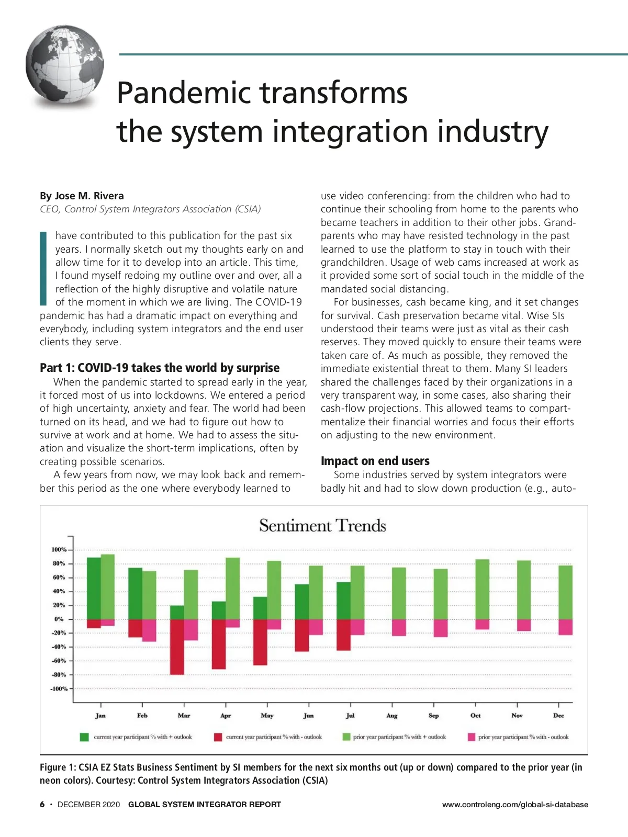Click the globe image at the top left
(x=65, y=66)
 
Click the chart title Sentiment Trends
(x=322, y=526)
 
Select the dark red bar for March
(x=177, y=647)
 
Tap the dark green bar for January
(x=94, y=589)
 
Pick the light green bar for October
(x=482, y=589)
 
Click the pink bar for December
(x=565, y=627)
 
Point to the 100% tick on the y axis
(x=59, y=550)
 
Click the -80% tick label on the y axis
(x=59, y=675)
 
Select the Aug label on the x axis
(x=392, y=716)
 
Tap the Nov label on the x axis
(x=517, y=716)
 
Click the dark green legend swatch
(x=84, y=737)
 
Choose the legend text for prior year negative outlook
(x=523, y=737)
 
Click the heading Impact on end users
(x=375, y=461)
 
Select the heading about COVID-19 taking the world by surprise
(x=160, y=368)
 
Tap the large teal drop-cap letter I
(x=43, y=268)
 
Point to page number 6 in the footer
(x=42, y=805)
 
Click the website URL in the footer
(x=515, y=805)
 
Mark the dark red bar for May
(x=260, y=642)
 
